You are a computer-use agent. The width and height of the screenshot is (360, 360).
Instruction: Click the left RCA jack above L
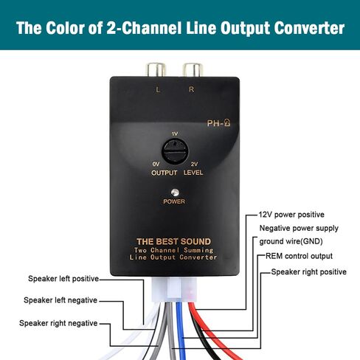tap(156, 70)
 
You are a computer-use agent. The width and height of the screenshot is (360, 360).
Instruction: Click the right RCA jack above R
tap(193, 70)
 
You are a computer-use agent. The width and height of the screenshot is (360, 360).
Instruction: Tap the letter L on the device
tap(158, 90)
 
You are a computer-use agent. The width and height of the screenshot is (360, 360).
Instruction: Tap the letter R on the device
tap(191, 89)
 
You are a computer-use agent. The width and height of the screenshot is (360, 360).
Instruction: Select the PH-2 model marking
tap(218, 122)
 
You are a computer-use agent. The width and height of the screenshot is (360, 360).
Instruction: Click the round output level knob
tap(175, 151)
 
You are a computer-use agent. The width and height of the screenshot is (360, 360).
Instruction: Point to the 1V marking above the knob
tap(175, 134)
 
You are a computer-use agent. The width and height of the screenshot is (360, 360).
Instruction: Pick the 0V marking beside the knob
tap(156, 164)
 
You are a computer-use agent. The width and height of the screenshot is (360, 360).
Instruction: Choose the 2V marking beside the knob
tap(194, 164)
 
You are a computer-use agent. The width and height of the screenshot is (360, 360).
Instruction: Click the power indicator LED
tap(175, 192)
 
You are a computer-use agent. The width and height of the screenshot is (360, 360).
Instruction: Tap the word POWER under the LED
tap(174, 201)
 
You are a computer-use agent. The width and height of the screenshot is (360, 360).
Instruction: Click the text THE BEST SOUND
tap(174, 241)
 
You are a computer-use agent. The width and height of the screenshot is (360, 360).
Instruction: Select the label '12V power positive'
tap(291, 215)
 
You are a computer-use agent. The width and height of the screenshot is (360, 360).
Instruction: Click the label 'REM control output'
tap(299, 256)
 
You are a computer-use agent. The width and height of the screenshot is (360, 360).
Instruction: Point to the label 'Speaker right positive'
tap(308, 272)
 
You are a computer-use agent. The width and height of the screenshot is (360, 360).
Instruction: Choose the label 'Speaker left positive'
tap(63, 279)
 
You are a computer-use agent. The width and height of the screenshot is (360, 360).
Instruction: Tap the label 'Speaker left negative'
tap(60, 300)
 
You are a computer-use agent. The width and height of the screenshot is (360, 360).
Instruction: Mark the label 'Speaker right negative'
tap(58, 323)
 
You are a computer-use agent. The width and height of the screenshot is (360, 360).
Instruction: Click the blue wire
tap(181, 330)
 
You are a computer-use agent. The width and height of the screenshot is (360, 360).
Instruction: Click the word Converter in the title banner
tap(309, 28)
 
